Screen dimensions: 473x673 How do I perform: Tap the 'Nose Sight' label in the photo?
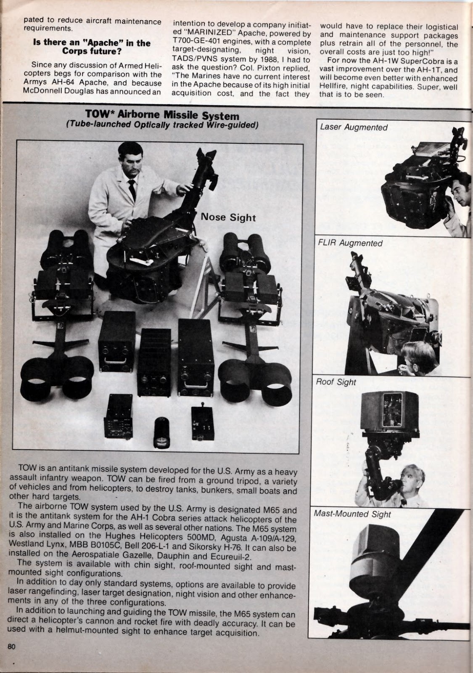pyautogui.click(x=228, y=217)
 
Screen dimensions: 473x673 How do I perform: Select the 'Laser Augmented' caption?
pyautogui.click(x=354, y=127)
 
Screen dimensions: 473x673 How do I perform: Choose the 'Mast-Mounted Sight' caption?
pyautogui.click(x=352, y=514)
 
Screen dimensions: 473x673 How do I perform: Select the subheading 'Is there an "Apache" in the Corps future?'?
pyautogui.click(x=92, y=47)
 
